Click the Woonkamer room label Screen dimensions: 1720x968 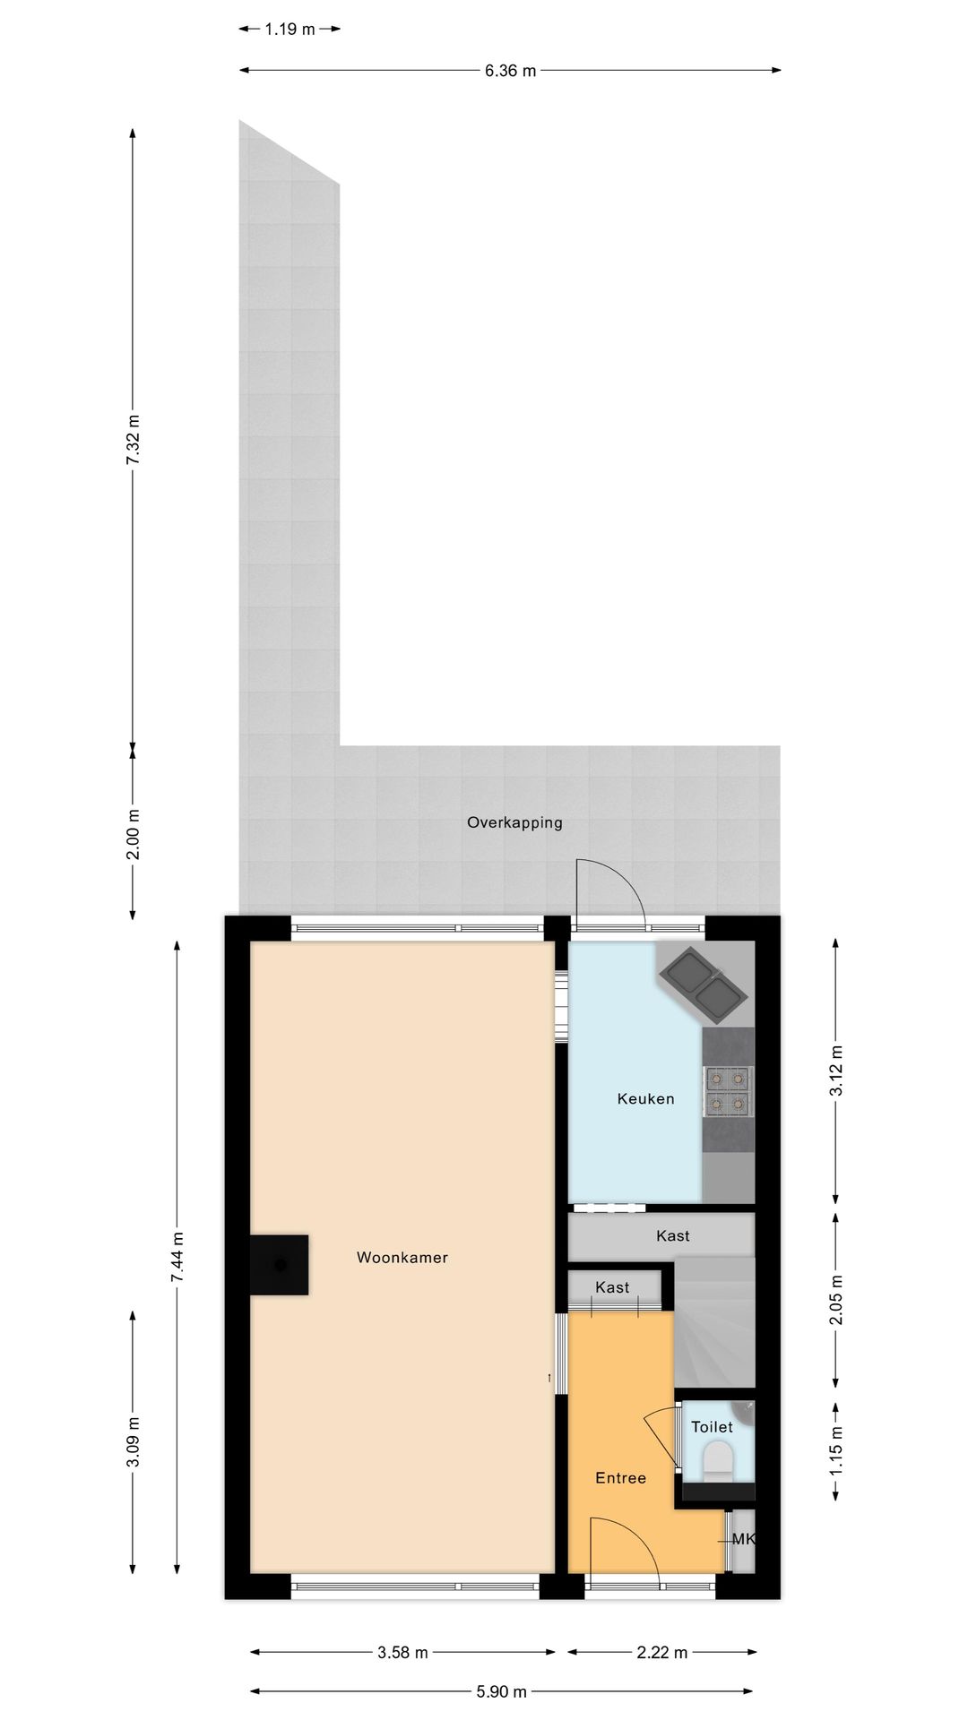[402, 1258]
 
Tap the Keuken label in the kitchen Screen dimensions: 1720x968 [645, 1099]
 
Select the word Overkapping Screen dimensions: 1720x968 [514, 822]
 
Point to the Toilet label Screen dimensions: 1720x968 [712, 1427]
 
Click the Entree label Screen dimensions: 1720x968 [620, 1478]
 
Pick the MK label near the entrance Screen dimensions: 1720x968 [743, 1540]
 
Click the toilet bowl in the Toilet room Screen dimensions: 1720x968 [718, 1460]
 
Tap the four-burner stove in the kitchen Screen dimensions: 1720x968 [727, 1092]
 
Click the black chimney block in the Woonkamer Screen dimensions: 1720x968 [280, 1265]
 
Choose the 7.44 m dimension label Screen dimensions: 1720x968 [177, 1257]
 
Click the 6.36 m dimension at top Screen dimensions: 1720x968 [510, 71]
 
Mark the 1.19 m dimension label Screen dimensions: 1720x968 [290, 30]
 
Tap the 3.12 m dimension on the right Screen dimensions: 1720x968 [835, 1071]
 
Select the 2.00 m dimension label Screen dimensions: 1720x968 [133, 834]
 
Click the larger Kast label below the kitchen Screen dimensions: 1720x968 [672, 1236]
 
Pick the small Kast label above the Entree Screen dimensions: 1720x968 [612, 1287]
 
